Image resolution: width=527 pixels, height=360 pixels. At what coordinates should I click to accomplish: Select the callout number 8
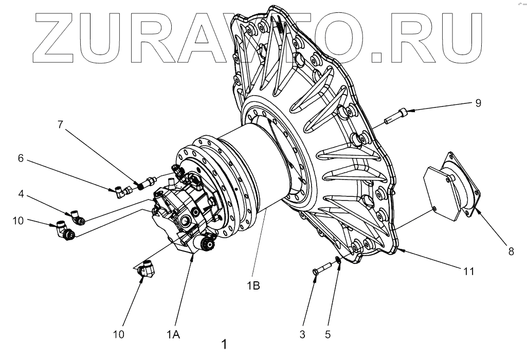(x=511, y=251)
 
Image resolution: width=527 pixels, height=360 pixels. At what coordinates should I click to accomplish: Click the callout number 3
(x=302, y=334)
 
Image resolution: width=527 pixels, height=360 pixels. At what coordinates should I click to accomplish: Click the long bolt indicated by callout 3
(x=321, y=269)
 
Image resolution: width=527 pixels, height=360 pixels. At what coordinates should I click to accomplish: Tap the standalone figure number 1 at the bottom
(x=224, y=344)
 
